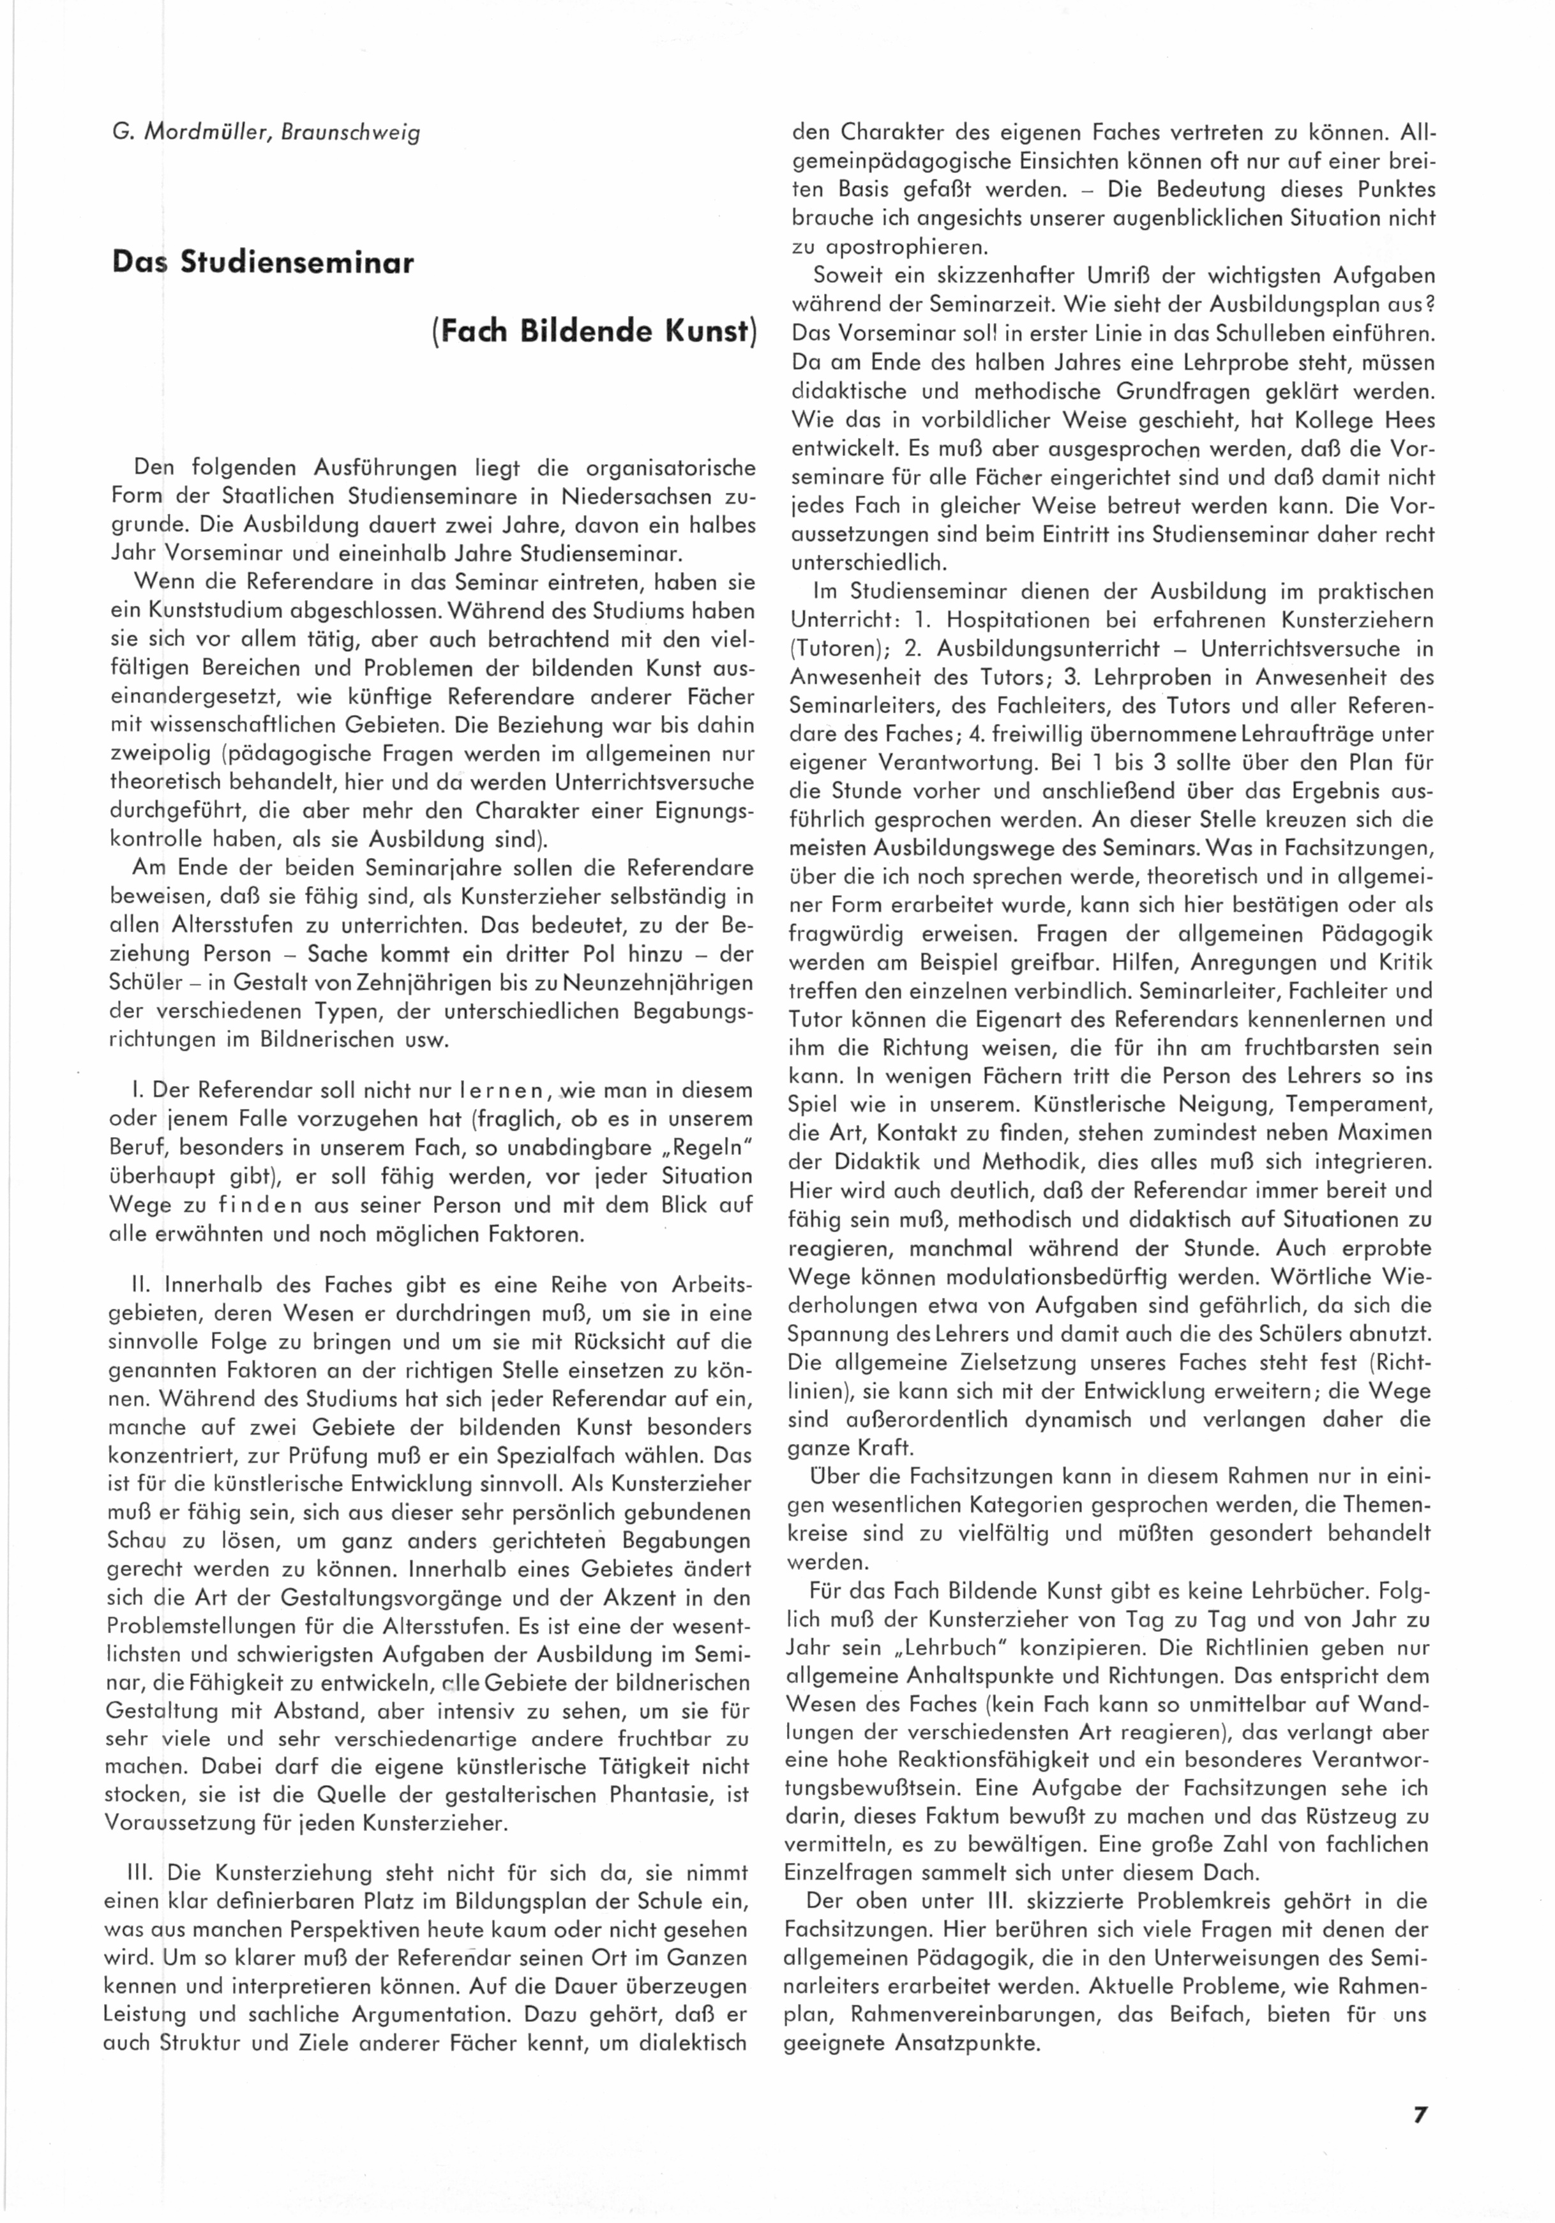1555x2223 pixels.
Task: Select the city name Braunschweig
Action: [x=350, y=133]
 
